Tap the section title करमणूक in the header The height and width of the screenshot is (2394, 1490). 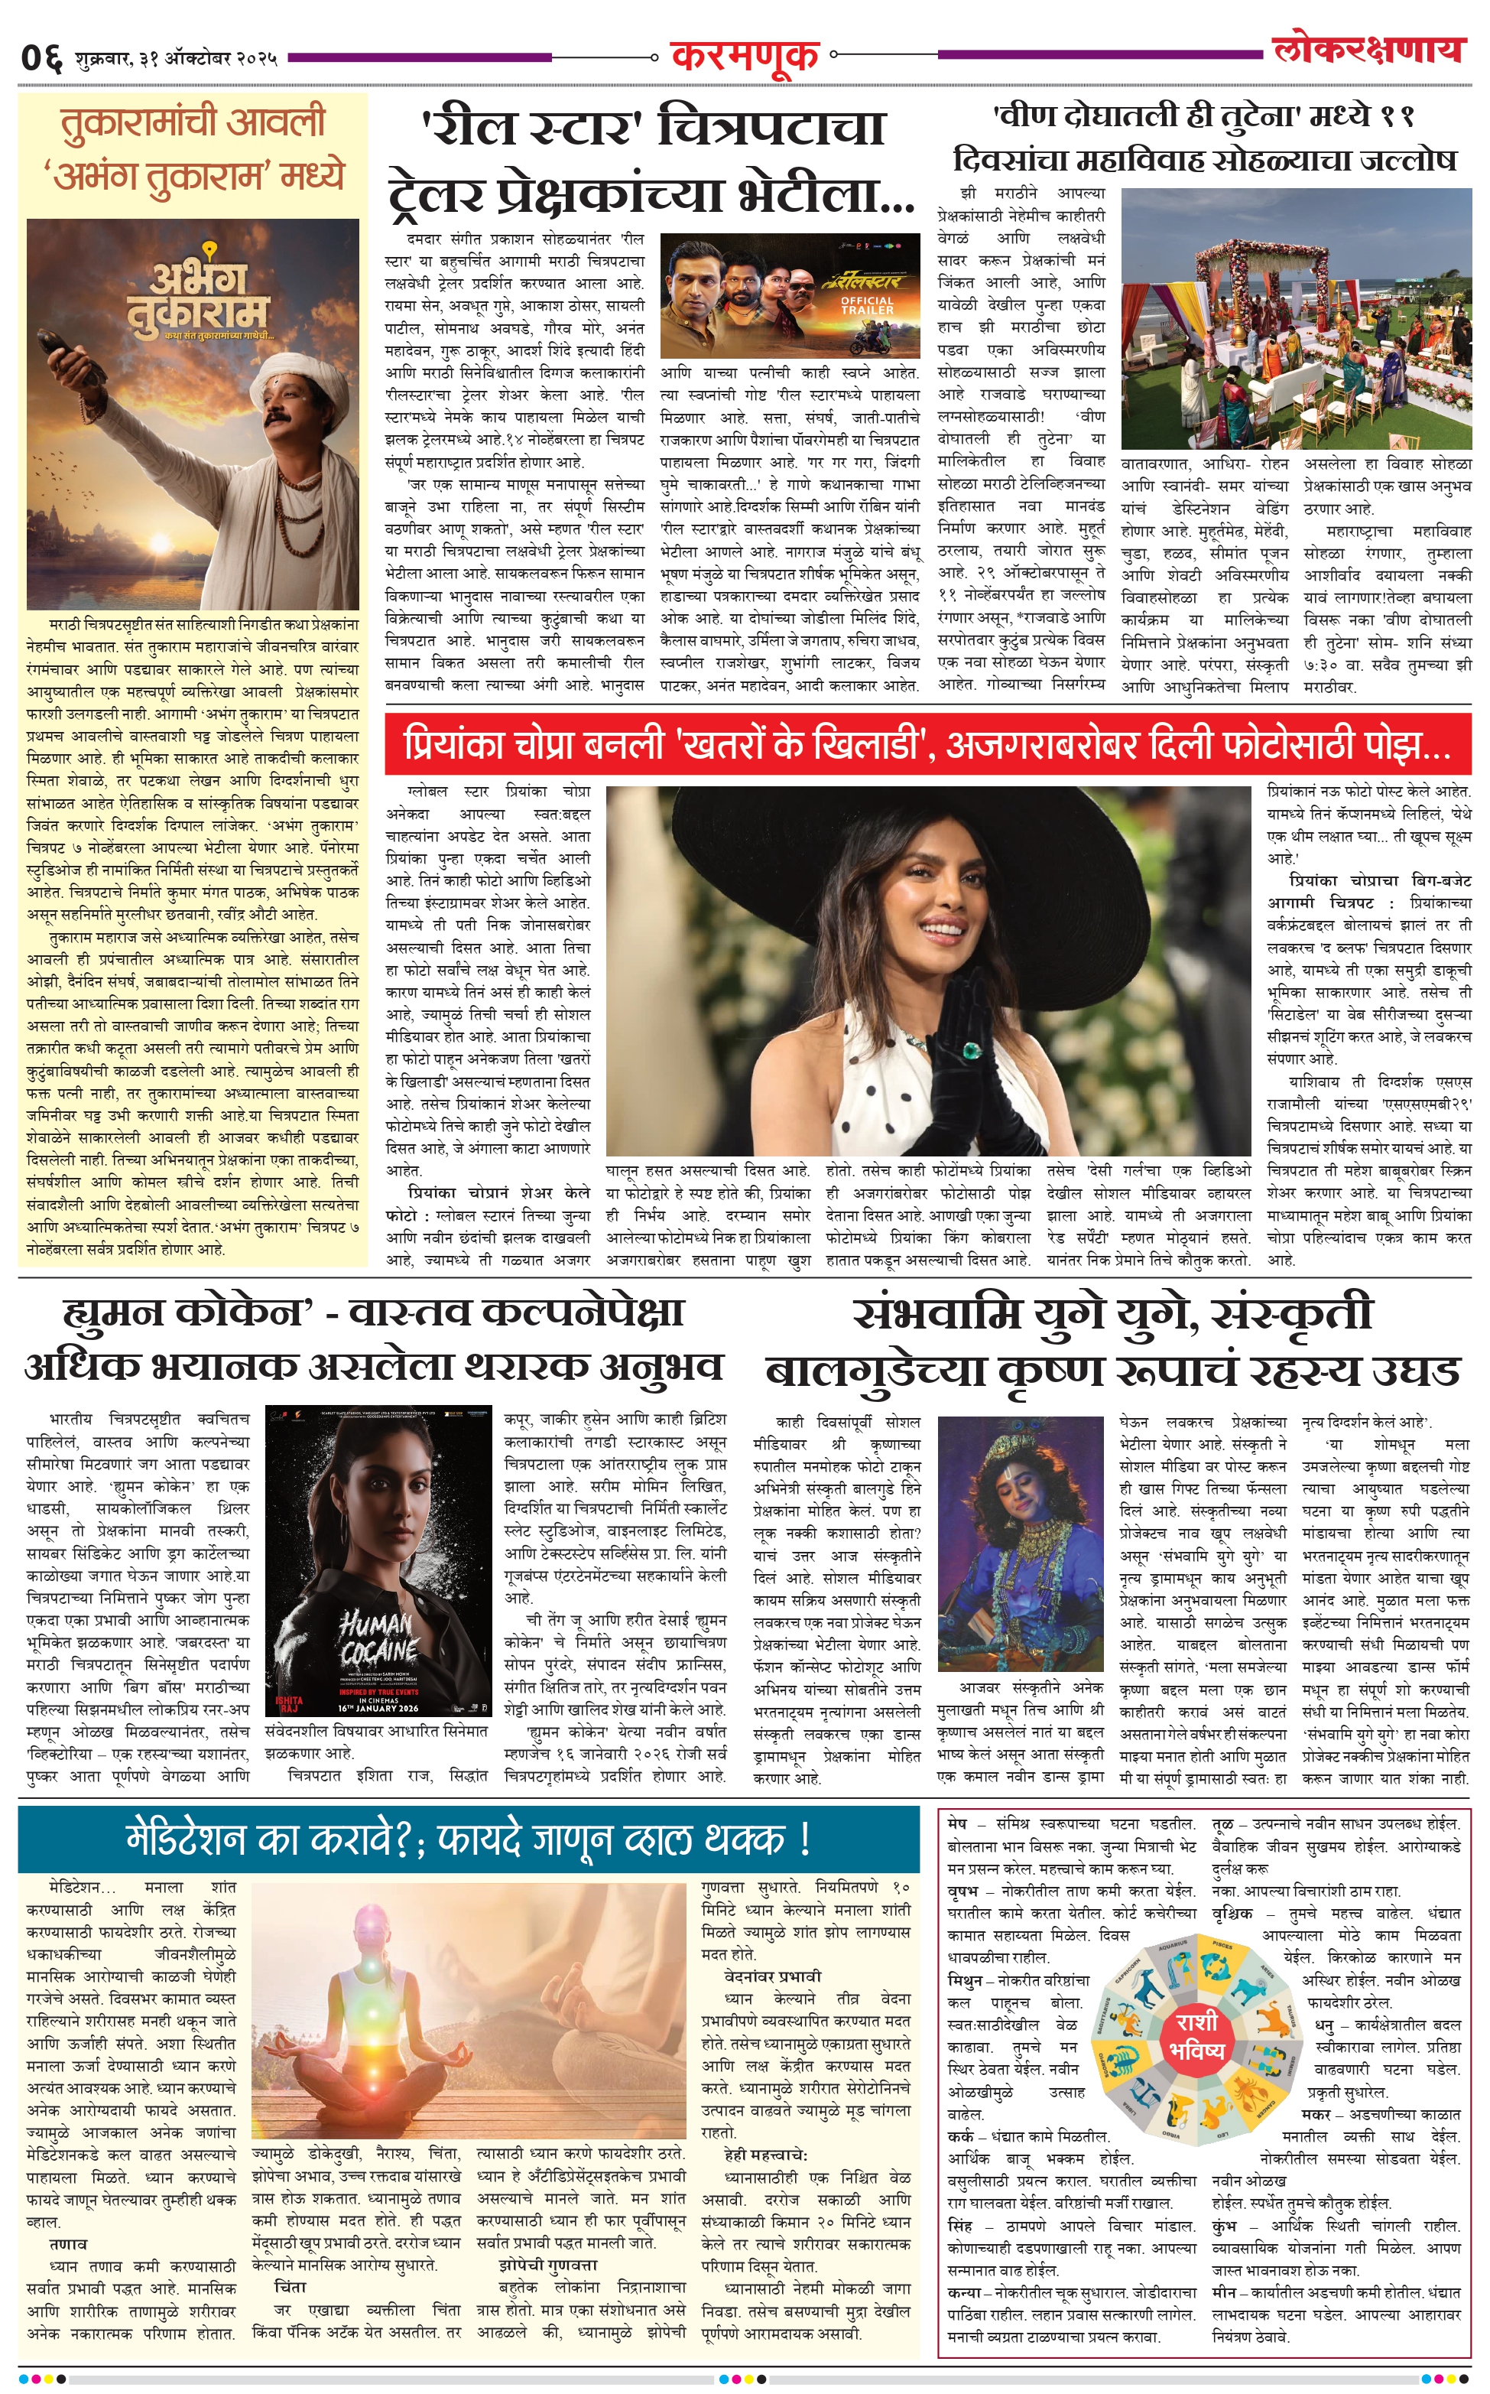tap(744, 55)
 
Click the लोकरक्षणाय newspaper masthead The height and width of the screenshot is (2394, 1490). tap(1368, 49)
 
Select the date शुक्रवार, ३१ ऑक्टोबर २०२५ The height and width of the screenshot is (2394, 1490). tap(175, 58)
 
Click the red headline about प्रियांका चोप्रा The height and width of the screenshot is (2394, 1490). tap(927, 745)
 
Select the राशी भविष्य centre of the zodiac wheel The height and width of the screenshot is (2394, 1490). tap(1196, 2035)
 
